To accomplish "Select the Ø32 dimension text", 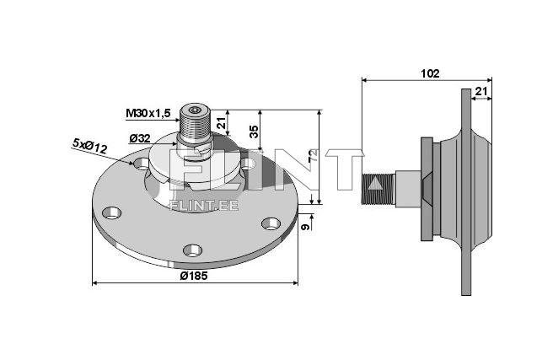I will click(x=141, y=138).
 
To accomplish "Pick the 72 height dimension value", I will click(x=313, y=157).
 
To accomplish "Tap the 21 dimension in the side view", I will click(x=481, y=90).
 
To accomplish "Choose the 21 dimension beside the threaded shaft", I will click(x=222, y=124).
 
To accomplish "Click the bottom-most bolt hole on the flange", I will click(x=193, y=250).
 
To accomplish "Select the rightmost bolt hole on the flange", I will click(x=270, y=223).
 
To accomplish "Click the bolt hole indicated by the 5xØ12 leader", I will click(x=142, y=163).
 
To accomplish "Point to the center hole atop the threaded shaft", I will click(x=196, y=110).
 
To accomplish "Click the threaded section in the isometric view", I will click(x=196, y=130).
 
